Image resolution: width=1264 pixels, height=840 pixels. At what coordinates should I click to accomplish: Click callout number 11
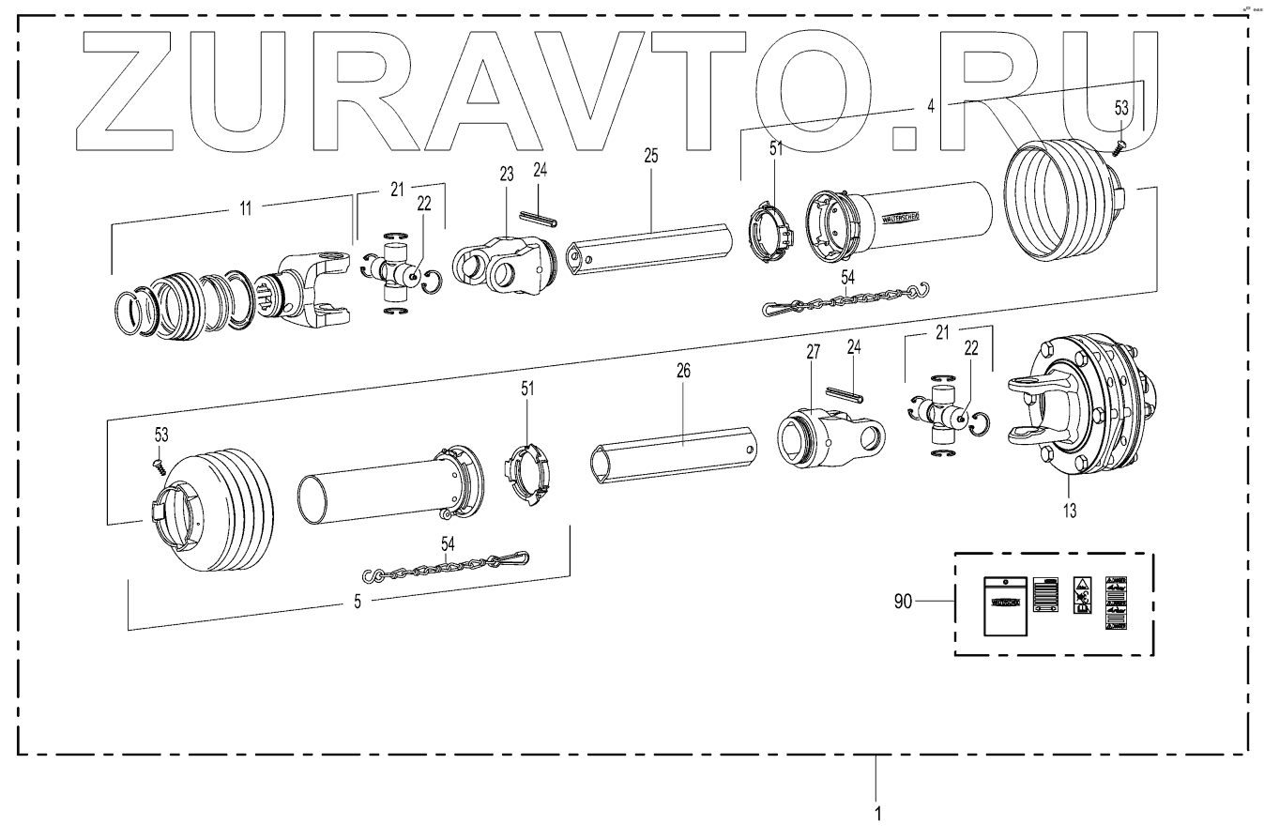coord(245,208)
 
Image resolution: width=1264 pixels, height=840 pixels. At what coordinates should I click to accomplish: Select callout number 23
coord(507,174)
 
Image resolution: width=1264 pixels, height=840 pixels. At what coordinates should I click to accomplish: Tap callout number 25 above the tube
coord(651,156)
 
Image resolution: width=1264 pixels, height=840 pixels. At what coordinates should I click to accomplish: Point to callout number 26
coord(683,372)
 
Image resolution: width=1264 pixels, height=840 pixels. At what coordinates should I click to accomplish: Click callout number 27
coord(813,352)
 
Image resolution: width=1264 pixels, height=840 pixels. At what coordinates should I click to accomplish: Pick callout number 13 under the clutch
coord(1070,511)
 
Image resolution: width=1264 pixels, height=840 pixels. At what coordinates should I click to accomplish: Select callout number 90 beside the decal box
coord(903,602)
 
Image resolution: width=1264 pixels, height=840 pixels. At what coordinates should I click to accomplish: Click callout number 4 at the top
coord(930,107)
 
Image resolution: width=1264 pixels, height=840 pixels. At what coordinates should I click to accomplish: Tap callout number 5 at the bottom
coord(357,602)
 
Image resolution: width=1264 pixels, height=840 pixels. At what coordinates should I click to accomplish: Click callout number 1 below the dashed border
coord(877,811)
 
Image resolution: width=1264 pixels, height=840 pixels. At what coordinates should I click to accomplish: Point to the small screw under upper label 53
coord(1119,145)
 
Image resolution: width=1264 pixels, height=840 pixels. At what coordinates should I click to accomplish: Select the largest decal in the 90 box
coord(1003,605)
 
